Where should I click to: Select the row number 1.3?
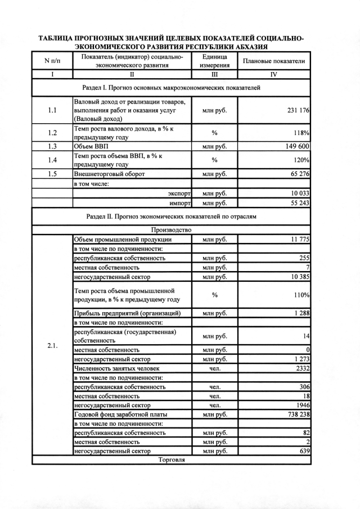click(x=52, y=146)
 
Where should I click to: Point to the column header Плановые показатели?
click(x=273, y=61)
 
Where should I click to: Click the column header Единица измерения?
click(x=214, y=61)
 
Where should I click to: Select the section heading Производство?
click(x=171, y=229)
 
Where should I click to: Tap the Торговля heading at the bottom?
click(x=171, y=460)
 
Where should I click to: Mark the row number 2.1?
click(x=52, y=345)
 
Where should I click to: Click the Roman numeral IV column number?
click(x=273, y=74)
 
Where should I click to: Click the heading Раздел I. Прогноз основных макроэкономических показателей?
click(x=171, y=88)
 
